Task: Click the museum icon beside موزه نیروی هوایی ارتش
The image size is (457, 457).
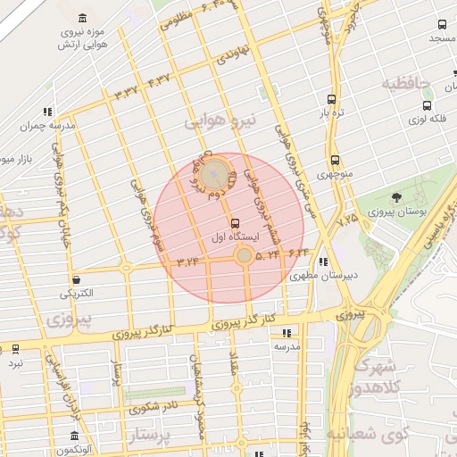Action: click(x=83, y=19)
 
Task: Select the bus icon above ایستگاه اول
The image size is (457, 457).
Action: click(x=235, y=223)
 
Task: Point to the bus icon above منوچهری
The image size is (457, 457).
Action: click(x=335, y=161)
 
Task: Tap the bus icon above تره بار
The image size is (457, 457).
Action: click(x=331, y=100)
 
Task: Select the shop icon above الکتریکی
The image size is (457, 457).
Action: click(x=76, y=278)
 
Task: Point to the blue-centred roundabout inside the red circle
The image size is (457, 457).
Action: click(x=213, y=174)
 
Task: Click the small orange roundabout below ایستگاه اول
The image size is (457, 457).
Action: click(x=244, y=256)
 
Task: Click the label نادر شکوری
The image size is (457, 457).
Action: click(x=153, y=407)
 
